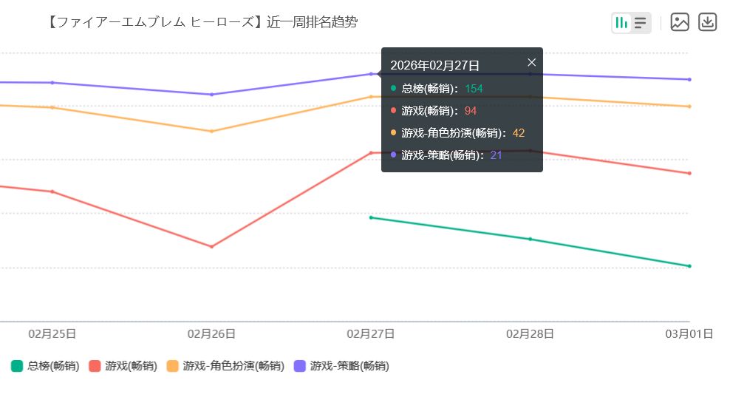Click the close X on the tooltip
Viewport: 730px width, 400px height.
pyautogui.click(x=531, y=63)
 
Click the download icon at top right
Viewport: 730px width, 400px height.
pyautogui.click(x=707, y=22)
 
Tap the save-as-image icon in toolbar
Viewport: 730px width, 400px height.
pyautogui.click(x=680, y=22)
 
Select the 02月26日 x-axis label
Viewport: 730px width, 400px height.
pyautogui.click(x=211, y=334)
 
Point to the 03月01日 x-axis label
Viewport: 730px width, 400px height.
pyautogui.click(x=689, y=334)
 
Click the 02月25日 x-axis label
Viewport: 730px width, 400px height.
pyautogui.click(x=52, y=334)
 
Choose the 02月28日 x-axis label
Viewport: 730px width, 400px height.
pyautogui.click(x=530, y=334)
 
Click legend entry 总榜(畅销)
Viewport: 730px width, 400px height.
pyautogui.click(x=46, y=366)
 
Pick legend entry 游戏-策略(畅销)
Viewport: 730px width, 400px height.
pyautogui.click(x=341, y=366)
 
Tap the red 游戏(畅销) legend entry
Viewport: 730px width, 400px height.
pyautogui.click(x=123, y=366)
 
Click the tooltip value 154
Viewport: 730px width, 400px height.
pyautogui.click(x=474, y=89)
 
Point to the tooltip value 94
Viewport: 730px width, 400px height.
pyautogui.click(x=471, y=111)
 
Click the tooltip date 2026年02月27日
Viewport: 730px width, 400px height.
pyautogui.click(x=434, y=66)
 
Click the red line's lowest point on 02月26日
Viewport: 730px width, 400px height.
pyautogui.click(x=211, y=246)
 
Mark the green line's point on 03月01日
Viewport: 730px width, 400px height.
pyautogui.click(x=689, y=266)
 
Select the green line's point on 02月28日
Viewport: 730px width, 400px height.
pyautogui.click(x=530, y=239)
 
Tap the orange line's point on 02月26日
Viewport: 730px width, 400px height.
pyautogui.click(x=211, y=131)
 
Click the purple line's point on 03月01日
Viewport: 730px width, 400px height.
pyautogui.click(x=689, y=79)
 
